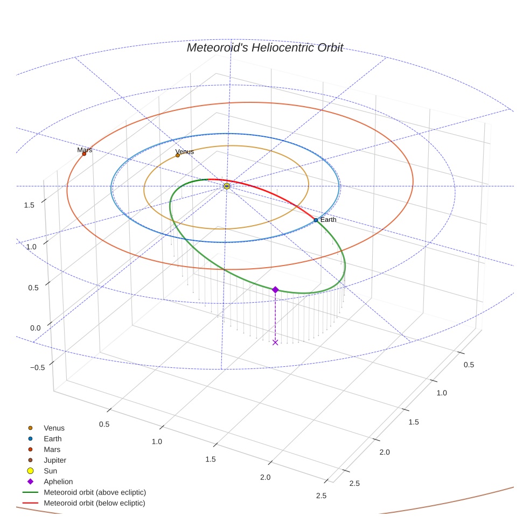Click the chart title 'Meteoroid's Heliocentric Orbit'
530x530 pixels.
point(264,47)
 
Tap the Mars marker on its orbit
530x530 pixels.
point(84,154)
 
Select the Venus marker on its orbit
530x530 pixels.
point(178,155)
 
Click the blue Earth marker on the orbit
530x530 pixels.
point(316,220)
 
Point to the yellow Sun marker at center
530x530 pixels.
point(227,186)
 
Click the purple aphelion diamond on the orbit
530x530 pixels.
point(275,290)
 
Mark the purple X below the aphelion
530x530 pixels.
point(275,342)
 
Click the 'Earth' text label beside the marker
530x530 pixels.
point(328,220)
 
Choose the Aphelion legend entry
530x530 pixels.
point(58,482)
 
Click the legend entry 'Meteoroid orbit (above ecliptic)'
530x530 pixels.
point(95,492)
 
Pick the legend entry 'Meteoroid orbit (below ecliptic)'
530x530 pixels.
point(94,503)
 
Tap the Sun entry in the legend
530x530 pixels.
point(50,471)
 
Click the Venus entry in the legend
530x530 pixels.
point(54,428)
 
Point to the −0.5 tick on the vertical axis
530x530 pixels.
point(38,367)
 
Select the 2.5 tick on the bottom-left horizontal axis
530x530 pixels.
point(322,496)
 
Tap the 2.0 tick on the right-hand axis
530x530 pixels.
point(384,452)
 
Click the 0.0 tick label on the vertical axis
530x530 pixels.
point(36,328)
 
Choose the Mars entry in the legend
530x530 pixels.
point(52,449)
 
